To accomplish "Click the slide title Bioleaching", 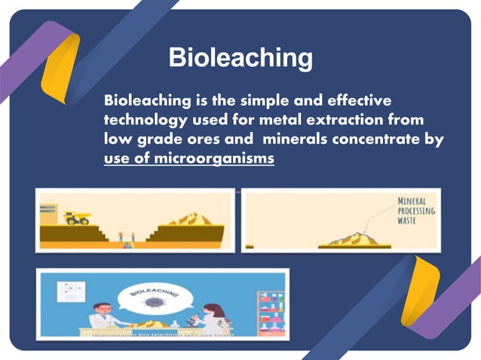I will [x=240, y=58].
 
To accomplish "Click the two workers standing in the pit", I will [x=126, y=236].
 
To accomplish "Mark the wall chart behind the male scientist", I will [x=72, y=291].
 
